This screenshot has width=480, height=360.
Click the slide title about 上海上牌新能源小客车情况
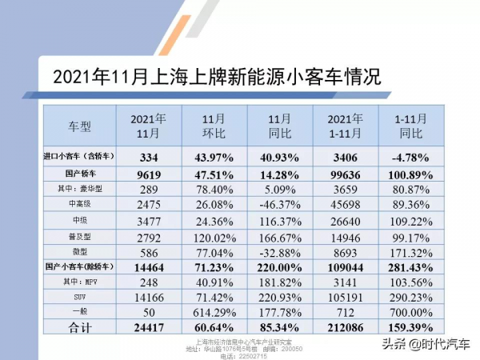tap(215, 78)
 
